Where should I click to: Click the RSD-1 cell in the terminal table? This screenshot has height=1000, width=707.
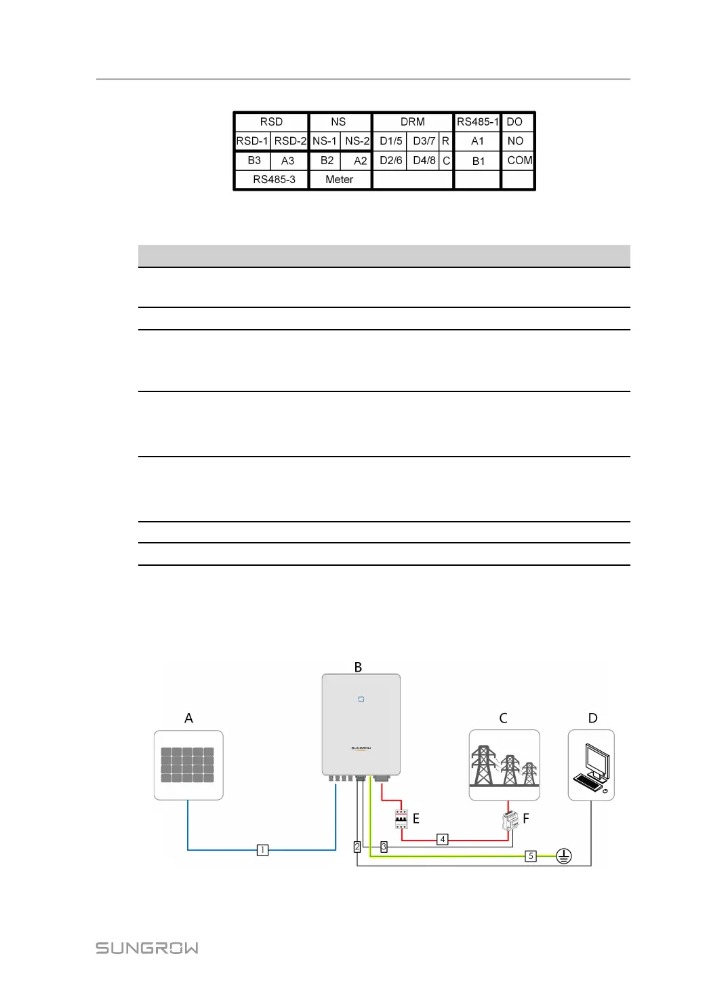(252, 141)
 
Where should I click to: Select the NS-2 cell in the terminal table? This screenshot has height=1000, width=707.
(357, 141)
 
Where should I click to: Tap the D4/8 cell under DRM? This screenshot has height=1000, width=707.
(424, 161)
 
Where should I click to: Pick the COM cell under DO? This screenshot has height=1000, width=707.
(519, 161)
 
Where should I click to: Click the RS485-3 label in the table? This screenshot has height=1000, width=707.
(274, 180)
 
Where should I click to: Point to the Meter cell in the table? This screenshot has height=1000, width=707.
(339, 180)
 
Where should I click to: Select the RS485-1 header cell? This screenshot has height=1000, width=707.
(477, 122)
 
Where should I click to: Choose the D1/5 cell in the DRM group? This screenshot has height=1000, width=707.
(390, 141)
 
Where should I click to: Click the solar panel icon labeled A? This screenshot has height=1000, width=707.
(188, 765)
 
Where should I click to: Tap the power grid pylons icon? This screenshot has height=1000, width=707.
(504, 765)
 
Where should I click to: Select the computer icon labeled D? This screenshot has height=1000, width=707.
(591, 766)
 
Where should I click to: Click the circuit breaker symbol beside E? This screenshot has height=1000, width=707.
(401, 819)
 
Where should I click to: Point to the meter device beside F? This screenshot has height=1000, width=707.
(510, 820)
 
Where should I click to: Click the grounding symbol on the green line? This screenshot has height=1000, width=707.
(564, 856)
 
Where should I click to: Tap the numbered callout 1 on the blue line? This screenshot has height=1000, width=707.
(262, 849)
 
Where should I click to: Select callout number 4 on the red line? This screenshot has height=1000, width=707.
(443, 840)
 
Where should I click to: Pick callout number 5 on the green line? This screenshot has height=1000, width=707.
(531, 856)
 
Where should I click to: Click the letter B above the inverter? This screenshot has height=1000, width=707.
(358, 667)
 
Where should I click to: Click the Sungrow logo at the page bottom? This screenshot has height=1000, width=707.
(147, 948)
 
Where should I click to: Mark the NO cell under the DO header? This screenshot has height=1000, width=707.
(515, 141)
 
